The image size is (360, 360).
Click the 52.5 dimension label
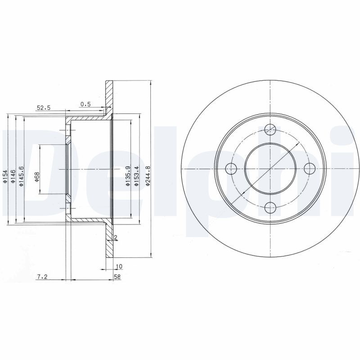click(x=44, y=108)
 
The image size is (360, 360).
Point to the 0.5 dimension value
click(x=85, y=104)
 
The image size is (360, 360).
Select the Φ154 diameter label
click(x=4, y=177)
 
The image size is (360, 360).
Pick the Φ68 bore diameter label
click(x=37, y=177)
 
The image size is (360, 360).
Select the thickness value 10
click(x=119, y=266)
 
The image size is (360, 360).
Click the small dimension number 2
click(x=116, y=237)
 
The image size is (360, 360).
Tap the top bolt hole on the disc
click(x=270, y=129)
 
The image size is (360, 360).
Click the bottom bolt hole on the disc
click(x=270, y=207)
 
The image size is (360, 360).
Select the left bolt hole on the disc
click(x=231, y=169)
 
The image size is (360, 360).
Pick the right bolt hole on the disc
click(x=309, y=169)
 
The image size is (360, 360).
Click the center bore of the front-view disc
click(x=270, y=169)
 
